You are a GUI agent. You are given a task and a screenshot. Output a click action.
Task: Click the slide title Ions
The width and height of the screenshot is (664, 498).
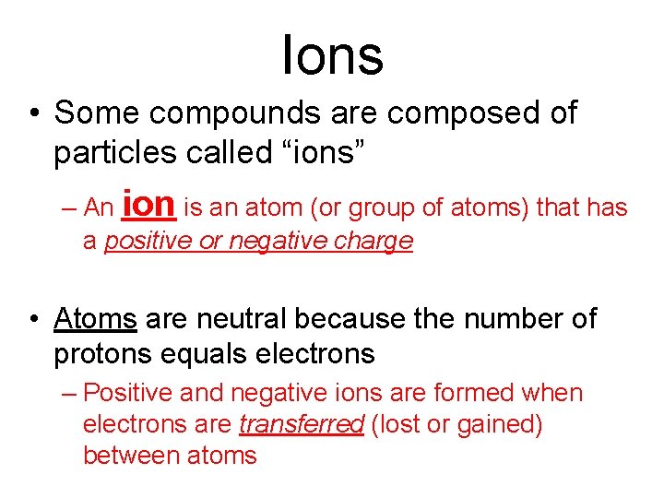(332, 54)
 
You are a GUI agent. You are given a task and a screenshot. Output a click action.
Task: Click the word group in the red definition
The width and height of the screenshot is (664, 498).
(380, 208)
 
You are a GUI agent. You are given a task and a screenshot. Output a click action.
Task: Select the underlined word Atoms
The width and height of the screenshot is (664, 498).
(96, 320)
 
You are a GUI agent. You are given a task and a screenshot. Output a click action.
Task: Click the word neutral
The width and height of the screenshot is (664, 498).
(243, 320)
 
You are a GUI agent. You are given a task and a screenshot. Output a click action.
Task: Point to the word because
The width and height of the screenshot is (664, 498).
(359, 320)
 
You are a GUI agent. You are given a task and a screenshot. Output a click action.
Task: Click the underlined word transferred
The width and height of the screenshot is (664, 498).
(302, 425)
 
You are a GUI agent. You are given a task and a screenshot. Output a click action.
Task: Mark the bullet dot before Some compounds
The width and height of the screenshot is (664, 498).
(34, 114)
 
